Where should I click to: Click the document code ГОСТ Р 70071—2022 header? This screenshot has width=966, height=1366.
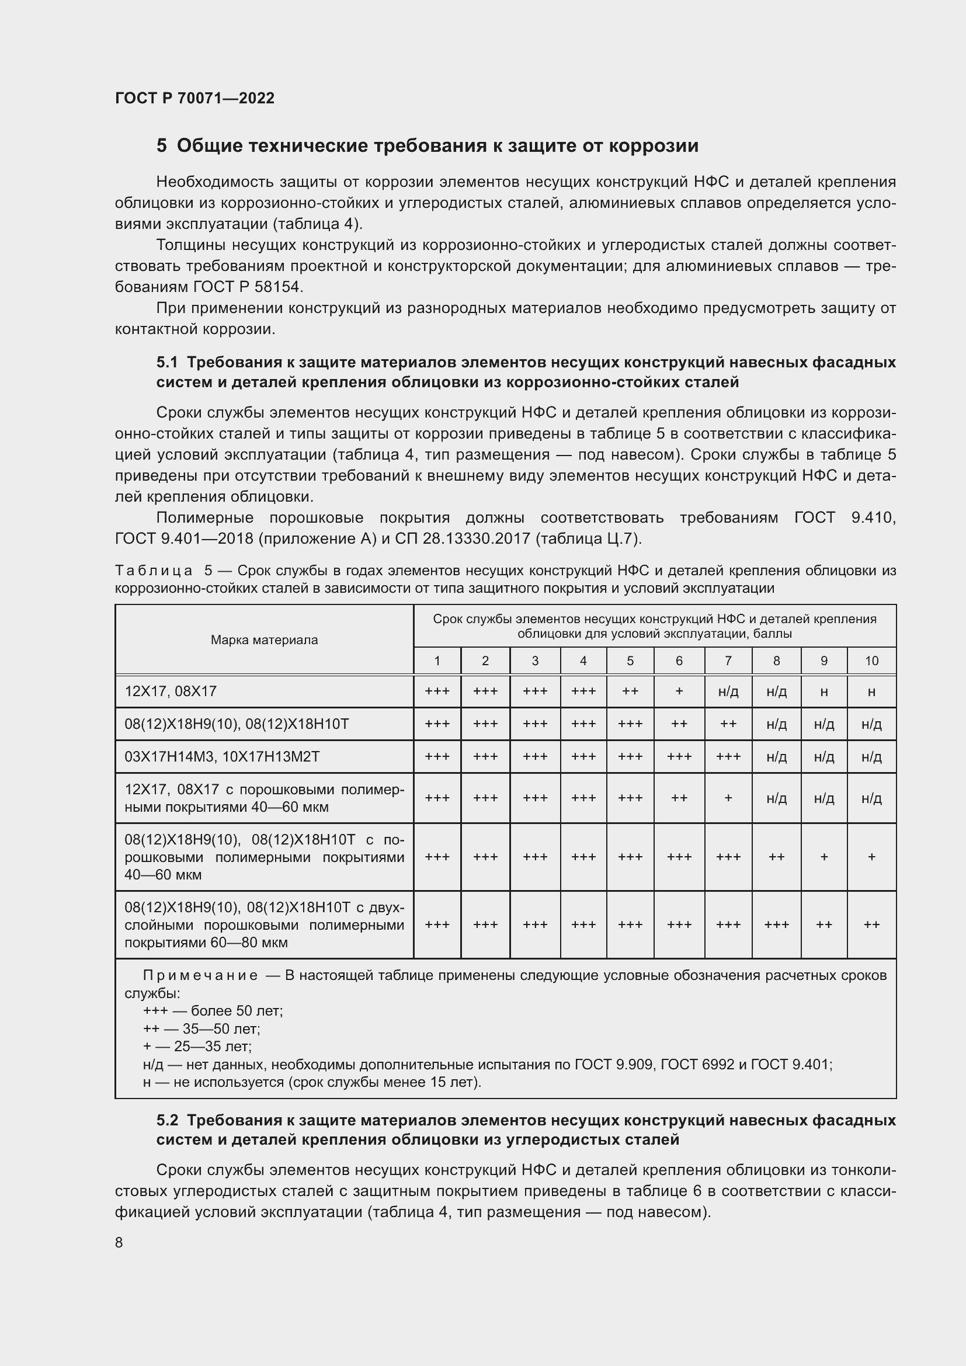click(x=194, y=98)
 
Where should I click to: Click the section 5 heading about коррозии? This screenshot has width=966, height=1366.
click(x=427, y=146)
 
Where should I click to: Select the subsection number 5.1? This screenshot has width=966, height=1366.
click(x=167, y=362)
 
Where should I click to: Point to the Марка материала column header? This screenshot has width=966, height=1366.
click(x=264, y=639)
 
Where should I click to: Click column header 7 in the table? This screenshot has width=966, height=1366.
click(x=728, y=661)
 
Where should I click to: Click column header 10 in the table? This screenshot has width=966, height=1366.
click(x=871, y=661)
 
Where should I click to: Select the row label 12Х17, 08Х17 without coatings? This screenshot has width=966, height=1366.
click(x=171, y=691)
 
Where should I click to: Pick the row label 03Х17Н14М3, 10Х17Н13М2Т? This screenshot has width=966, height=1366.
click(x=222, y=757)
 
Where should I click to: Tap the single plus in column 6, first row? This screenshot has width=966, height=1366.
click(x=679, y=691)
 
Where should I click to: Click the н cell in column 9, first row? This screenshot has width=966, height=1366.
click(x=824, y=691)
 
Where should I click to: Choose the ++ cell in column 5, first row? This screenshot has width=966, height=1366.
click(x=630, y=691)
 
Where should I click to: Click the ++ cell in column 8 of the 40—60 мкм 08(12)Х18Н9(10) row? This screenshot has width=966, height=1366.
click(x=776, y=857)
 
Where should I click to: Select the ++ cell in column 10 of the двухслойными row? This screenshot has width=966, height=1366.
click(x=871, y=924)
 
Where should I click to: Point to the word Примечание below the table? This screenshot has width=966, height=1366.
click(x=200, y=975)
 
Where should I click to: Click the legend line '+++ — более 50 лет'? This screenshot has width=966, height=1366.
click(x=213, y=1011)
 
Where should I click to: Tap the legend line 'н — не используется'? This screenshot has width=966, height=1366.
click(x=312, y=1082)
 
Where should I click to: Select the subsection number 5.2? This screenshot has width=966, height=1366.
click(x=167, y=1120)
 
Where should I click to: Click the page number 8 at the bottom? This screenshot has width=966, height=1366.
click(x=119, y=1242)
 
